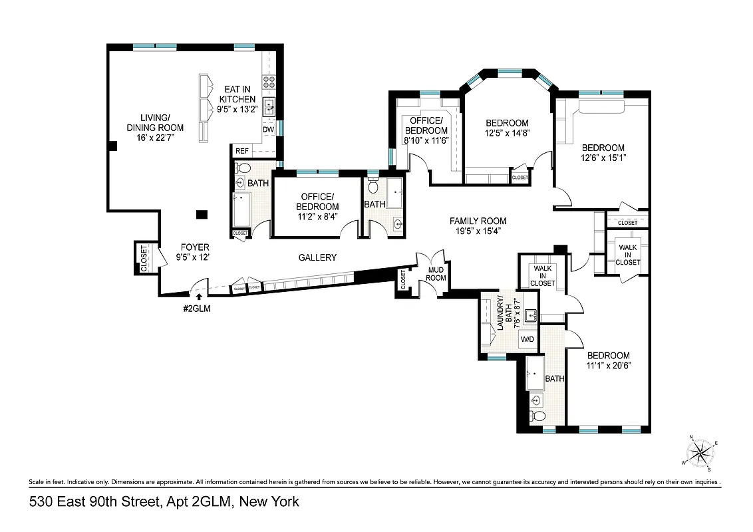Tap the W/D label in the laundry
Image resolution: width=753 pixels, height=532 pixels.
tap(527, 339)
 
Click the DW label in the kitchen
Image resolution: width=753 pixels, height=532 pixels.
tap(268, 130)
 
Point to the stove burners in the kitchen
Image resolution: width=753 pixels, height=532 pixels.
tap(269, 82)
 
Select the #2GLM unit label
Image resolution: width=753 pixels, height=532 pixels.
tap(198, 308)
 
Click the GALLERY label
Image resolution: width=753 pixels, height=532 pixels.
tap(317, 257)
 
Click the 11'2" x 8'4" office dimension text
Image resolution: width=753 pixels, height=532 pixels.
tap(319, 216)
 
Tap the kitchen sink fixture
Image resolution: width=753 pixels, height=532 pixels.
tap(269, 106)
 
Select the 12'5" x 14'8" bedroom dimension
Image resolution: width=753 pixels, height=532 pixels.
tap(507, 133)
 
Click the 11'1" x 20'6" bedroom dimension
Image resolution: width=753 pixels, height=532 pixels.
tap(608, 365)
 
